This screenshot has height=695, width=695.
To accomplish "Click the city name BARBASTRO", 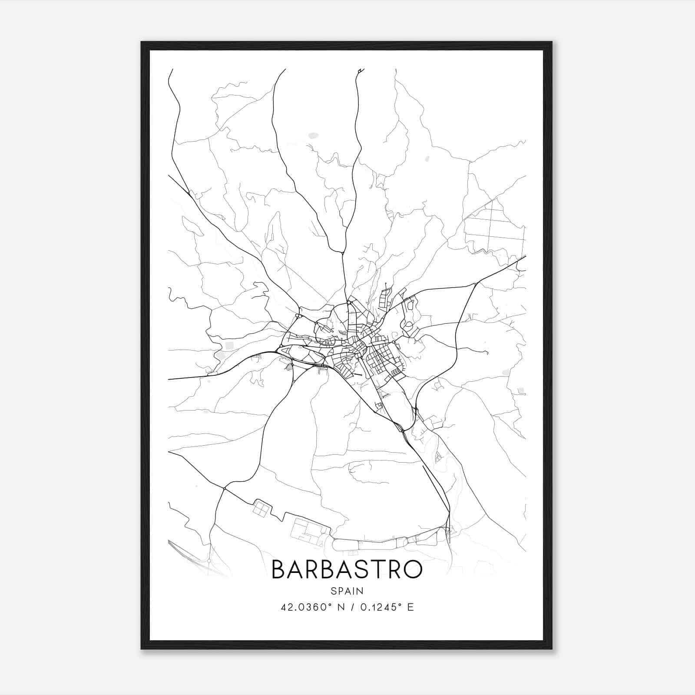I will pos(347,569).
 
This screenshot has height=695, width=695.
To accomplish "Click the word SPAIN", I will pos(347,591).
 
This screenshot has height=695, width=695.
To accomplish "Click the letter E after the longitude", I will pos(410,607).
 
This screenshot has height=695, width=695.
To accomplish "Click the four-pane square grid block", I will pos(261,508).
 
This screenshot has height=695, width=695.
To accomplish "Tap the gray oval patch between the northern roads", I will pos(313,136).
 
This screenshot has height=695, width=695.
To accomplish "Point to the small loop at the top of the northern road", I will pos(360,70).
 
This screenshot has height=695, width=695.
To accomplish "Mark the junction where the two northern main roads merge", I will pos(343,253).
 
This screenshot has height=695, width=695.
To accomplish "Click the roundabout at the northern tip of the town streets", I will pos(349,302).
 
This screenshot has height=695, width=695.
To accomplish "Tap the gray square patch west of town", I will pos(229,346).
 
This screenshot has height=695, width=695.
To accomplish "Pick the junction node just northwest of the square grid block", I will pos(224,489).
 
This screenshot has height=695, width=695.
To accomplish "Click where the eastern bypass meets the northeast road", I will pos(477,284).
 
